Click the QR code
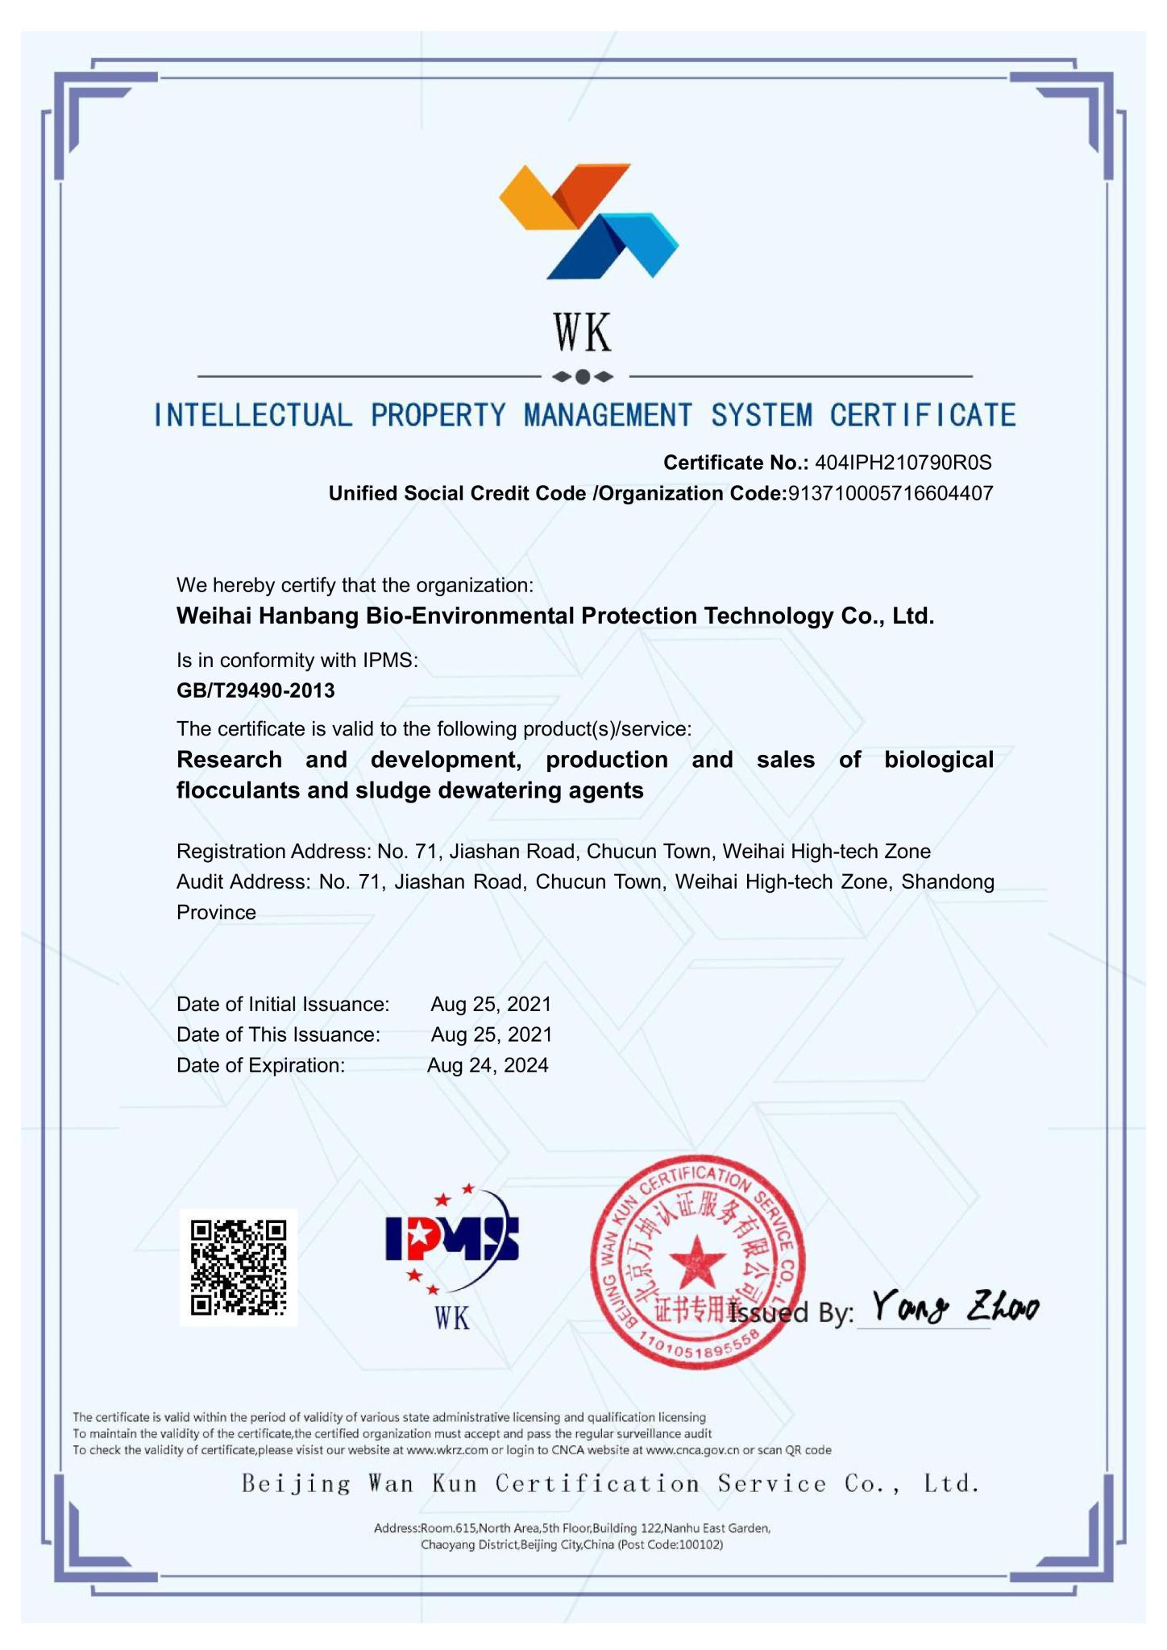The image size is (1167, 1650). click(238, 1267)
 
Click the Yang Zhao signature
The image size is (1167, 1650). click(955, 1307)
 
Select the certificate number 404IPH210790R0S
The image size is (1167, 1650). click(903, 462)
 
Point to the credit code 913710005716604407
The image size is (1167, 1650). click(890, 494)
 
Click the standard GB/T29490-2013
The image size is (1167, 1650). click(255, 690)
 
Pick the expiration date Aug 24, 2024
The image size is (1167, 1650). click(488, 1065)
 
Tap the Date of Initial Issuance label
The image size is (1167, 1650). click(283, 1004)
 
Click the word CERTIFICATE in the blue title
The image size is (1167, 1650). click(923, 416)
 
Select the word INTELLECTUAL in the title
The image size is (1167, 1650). click(253, 416)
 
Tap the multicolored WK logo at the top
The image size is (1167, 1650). click(588, 222)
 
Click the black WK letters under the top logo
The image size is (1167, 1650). click(583, 333)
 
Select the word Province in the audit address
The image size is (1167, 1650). click(216, 913)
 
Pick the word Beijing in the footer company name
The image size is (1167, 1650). click(296, 1484)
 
